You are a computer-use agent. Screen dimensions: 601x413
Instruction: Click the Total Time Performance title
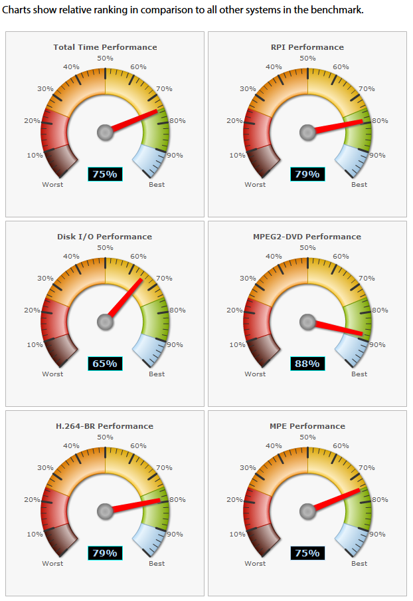(x=105, y=47)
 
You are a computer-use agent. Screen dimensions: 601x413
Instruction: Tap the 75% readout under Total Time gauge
(x=105, y=174)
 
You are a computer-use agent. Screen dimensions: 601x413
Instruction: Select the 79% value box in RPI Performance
(x=307, y=174)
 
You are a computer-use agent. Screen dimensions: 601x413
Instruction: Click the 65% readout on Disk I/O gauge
(x=105, y=364)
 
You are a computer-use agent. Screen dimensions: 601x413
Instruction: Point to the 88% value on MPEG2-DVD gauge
(x=307, y=364)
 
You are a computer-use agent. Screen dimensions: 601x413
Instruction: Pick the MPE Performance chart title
(x=307, y=426)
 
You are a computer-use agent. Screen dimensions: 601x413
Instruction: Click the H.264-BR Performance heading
(x=105, y=426)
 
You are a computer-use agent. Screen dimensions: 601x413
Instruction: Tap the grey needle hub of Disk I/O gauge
(x=105, y=322)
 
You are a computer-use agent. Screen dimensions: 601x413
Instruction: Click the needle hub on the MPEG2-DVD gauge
(x=307, y=322)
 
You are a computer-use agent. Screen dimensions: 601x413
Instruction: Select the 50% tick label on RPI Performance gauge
(x=307, y=59)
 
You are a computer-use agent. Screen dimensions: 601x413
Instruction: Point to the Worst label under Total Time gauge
(x=52, y=184)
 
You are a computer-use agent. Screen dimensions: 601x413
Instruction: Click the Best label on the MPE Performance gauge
(x=359, y=563)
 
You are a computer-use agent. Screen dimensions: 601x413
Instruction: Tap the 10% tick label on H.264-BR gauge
(x=35, y=534)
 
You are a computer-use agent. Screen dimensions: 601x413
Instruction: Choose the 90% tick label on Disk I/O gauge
(x=175, y=344)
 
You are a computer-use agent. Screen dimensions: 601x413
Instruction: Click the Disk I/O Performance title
(x=105, y=237)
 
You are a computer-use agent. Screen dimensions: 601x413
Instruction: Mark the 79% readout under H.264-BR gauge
(x=105, y=553)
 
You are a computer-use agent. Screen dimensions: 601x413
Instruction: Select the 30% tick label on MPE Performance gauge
(x=248, y=467)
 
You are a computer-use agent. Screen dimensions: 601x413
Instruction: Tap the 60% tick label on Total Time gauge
(x=139, y=66)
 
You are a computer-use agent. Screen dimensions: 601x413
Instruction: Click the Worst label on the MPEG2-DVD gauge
(x=255, y=374)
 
